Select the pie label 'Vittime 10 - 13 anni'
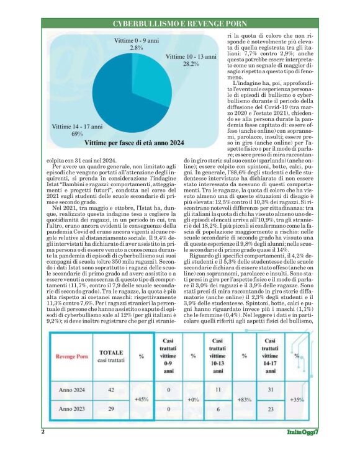point(191,57)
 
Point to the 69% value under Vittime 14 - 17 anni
point(78,133)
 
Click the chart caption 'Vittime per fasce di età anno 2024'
point(133,143)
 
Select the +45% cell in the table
point(142,400)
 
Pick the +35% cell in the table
point(297,400)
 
